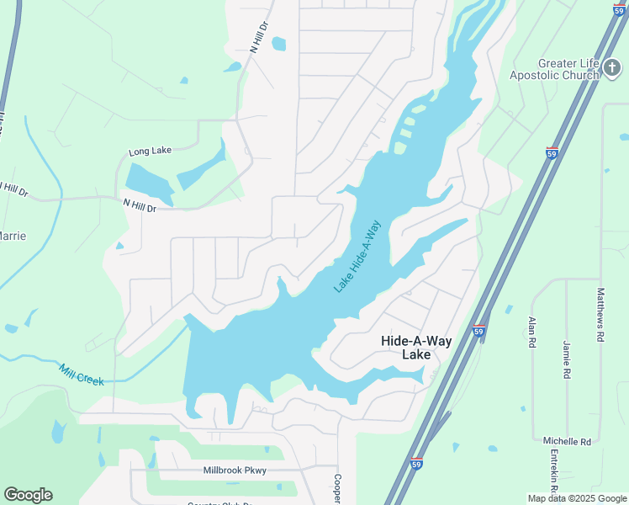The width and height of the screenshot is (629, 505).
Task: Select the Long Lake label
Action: [150, 151]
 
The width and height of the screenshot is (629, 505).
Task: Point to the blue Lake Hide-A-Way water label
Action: [357, 256]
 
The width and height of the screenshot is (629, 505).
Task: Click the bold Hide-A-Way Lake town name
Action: [416, 348]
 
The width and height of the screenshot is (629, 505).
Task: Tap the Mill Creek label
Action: [82, 375]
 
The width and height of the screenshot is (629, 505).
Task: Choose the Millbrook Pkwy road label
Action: [235, 470]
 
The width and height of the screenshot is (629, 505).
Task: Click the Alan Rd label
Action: [531, 332]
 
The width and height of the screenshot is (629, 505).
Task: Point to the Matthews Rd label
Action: [600, 314]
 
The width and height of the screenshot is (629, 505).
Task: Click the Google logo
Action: [28, 495]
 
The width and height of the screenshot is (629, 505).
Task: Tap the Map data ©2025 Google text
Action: [577, 498]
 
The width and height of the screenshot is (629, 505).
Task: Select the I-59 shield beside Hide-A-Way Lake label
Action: [478, 330]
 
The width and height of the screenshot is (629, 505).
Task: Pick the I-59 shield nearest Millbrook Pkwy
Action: [416, 463]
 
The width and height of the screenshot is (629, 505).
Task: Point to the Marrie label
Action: [12, 236]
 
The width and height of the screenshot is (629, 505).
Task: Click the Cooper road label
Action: [336, 487]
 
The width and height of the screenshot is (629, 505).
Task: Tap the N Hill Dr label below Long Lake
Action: [140, 205]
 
